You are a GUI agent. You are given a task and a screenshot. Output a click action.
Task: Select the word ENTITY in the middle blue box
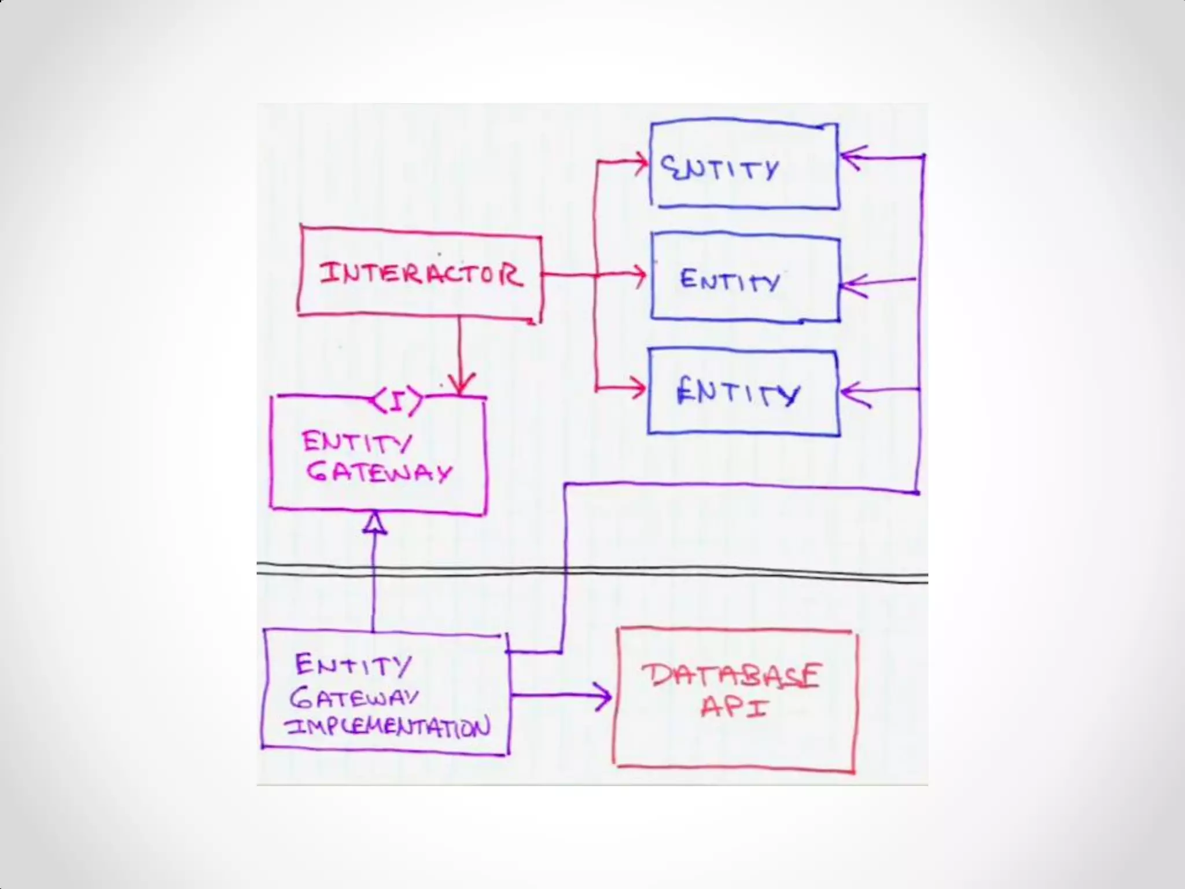(730, 280)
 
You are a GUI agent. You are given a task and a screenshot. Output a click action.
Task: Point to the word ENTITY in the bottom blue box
(738, 393)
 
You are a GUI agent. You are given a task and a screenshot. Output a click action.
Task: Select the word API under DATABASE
(734, 707)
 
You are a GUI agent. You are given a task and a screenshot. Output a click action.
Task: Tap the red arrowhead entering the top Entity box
(641, 163)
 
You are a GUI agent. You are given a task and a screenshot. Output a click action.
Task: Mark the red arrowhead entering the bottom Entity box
(639, 388)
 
